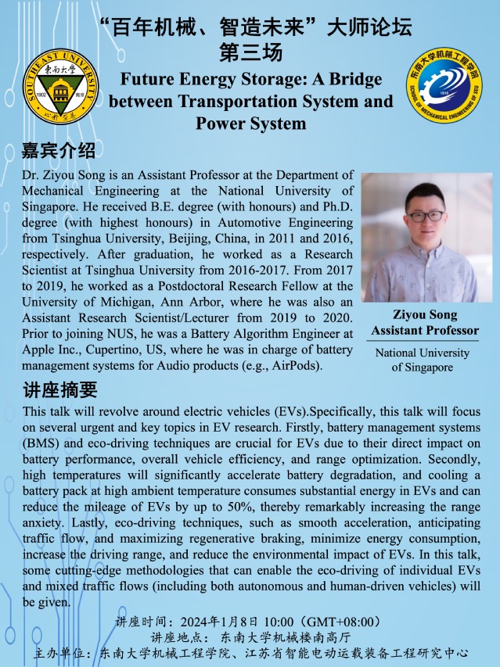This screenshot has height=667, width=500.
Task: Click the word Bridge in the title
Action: point(352,80)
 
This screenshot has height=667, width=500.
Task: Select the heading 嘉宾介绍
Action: point(59,150)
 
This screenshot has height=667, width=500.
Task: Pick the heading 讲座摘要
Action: point(59,389)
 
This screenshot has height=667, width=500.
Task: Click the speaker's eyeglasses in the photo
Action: point(424,215)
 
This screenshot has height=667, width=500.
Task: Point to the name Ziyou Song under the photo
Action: point(424,314)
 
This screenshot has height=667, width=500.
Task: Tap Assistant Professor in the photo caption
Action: point(424,330)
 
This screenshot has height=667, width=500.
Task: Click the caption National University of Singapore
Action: point(423,360)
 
